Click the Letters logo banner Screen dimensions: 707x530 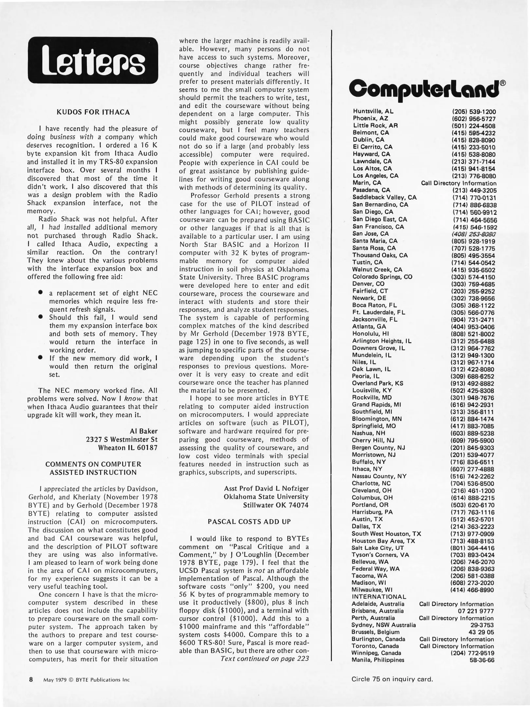[x=93, y=60]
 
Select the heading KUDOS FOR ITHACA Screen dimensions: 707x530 [x=93, y=112]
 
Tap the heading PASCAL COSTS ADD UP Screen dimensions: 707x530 [x=249, y=522]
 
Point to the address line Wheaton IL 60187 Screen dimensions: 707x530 [x=128, y=447]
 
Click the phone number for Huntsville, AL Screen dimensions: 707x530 [x=474, y=112]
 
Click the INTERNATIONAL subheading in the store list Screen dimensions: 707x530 [x=379, y=597]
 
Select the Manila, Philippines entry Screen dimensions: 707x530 [x=378, y=660]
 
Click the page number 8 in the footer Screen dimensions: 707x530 [x=31, y=680]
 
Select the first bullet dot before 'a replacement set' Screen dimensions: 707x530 [x=41, y=292]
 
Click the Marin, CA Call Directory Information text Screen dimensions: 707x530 [x=458, y=183]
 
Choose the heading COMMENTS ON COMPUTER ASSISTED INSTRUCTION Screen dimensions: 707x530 [x=93, y=468]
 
